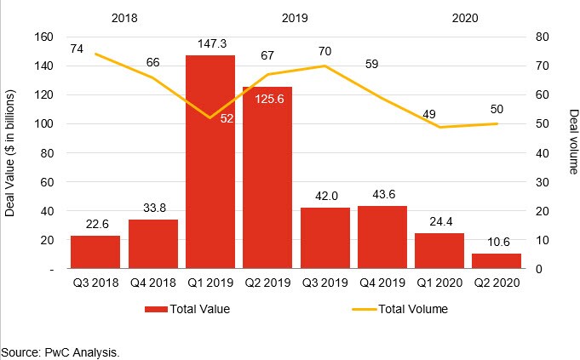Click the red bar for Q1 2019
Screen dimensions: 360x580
(x=210, y=162)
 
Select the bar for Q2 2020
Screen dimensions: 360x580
(x=497, y=261)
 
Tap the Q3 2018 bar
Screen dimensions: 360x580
(x=95, y=252)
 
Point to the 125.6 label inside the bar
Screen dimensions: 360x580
(x=268, y=100)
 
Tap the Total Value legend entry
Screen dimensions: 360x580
(x=187, y=309)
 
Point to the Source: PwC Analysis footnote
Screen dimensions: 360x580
(x=60, y=351)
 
